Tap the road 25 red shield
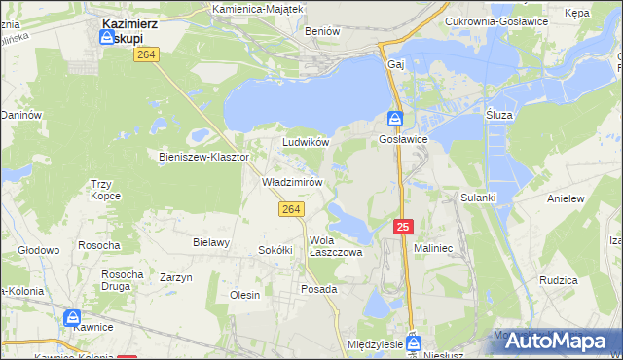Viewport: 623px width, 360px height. tap(404, 227)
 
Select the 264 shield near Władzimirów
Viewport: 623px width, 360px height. tap(291, 209)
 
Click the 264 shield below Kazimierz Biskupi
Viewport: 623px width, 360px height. tap(147, 56)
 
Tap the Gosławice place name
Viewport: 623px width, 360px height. tap(397, 140)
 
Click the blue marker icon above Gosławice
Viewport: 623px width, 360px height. tap(396, 119)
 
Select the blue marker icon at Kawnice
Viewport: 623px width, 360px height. tap(73, 318)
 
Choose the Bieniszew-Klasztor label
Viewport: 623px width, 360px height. tap(204, 156)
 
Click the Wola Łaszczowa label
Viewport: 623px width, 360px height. tap(336, 246)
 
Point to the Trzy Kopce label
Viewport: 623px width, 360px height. tap(105, 190)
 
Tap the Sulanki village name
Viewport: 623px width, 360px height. tap(478, 198)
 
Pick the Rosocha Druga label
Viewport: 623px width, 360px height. tap(124, 280)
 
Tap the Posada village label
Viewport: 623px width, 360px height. tap(319, 289)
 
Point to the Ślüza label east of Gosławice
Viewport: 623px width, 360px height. tap(499, 114)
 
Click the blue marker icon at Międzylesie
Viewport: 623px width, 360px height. tap(415, 342)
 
